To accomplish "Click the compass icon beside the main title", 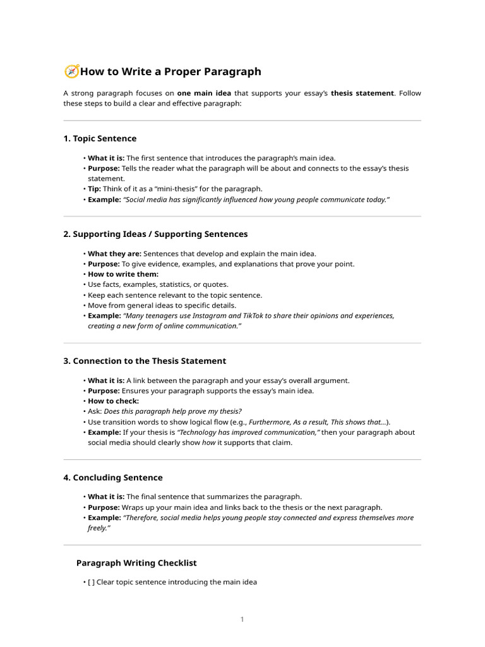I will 71,71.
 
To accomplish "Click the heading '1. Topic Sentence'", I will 100,138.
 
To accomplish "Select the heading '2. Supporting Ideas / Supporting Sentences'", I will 155,234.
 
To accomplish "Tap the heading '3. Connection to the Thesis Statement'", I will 145,361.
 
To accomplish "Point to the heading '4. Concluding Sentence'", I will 113,478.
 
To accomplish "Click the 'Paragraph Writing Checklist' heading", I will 136,563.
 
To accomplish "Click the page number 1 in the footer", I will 242,619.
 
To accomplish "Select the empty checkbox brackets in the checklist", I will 91,582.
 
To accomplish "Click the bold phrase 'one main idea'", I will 204,94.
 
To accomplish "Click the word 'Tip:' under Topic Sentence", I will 95,189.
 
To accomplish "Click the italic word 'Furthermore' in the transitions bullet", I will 269,422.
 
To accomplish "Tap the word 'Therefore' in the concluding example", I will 141,517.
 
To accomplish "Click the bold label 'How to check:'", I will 113,401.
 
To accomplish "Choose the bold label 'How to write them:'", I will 123,274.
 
